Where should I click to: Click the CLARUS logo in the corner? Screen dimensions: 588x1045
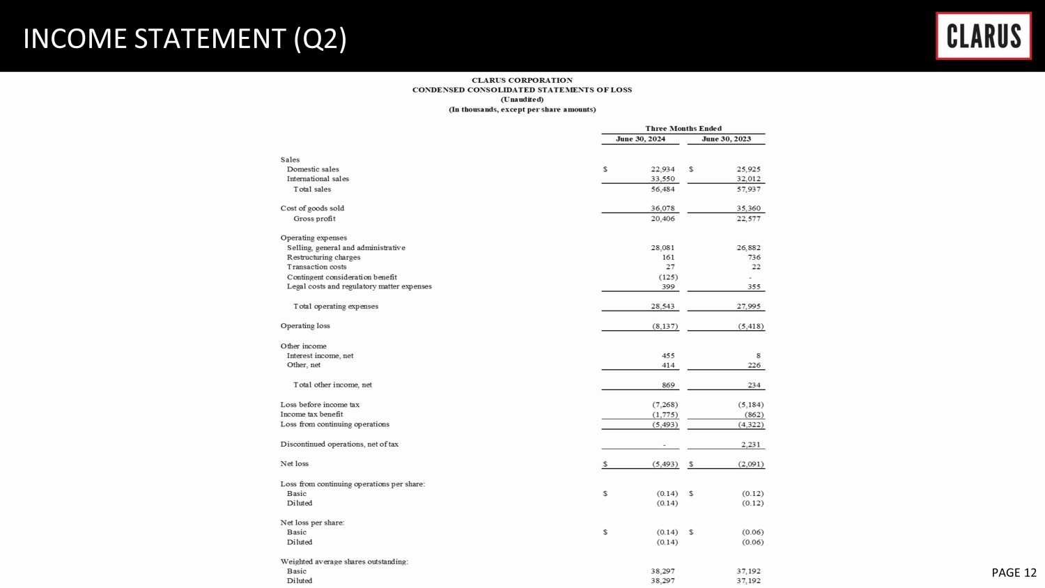click(983, 36)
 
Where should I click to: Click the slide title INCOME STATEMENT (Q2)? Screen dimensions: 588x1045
click(185, 38)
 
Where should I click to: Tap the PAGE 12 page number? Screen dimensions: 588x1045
click(1014, 572)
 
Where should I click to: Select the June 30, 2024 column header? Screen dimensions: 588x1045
click(640, 139)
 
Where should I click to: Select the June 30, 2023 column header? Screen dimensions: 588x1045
click(726, 139)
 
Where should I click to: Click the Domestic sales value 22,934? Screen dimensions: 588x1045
click(663, 169)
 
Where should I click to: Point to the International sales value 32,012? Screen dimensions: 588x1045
click(748, 179)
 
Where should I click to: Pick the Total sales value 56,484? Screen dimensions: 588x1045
click(663, 189)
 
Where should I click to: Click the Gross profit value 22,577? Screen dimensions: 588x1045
click(748, 219)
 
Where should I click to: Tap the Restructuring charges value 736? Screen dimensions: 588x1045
click(754, 257)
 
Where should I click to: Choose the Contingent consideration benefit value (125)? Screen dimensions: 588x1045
click(668, 277)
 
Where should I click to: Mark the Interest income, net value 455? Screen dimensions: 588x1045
click(668, 355)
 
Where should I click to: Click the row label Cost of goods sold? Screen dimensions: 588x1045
click(312, 208)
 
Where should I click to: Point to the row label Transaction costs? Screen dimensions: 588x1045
click(316, 267)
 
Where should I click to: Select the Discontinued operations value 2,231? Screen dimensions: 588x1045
click(750, 444)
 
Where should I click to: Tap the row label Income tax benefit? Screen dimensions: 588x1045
click(311, 415)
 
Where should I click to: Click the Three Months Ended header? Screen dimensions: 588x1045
click(683, 128)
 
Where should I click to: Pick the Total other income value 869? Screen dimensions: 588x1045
click(668, 385)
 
